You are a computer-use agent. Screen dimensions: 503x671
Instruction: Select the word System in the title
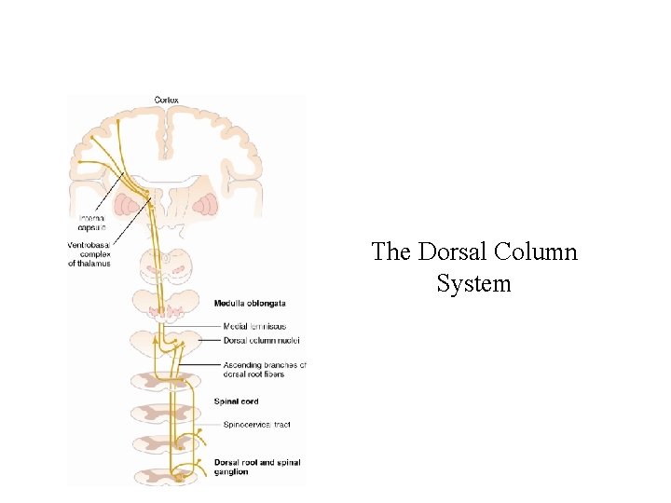[x=473, y=283]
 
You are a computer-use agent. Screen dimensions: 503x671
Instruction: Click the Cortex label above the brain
[x=167, y=100]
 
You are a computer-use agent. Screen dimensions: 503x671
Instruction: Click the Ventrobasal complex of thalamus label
[x=89, y=254]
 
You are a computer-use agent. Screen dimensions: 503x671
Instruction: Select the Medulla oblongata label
[x=250, y=304]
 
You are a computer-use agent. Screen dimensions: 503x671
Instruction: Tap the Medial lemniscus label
[x=254, y=326]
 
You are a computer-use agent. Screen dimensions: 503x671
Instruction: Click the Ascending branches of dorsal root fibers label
[x=265, y=369]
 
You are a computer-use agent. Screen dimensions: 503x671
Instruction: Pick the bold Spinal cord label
[x=237, y=401]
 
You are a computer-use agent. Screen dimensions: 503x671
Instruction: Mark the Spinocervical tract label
[x=257, y=425]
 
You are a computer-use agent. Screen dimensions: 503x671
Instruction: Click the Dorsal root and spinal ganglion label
[x=257, y=467]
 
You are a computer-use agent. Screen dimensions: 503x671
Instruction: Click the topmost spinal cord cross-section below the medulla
[x=166, y=380]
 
